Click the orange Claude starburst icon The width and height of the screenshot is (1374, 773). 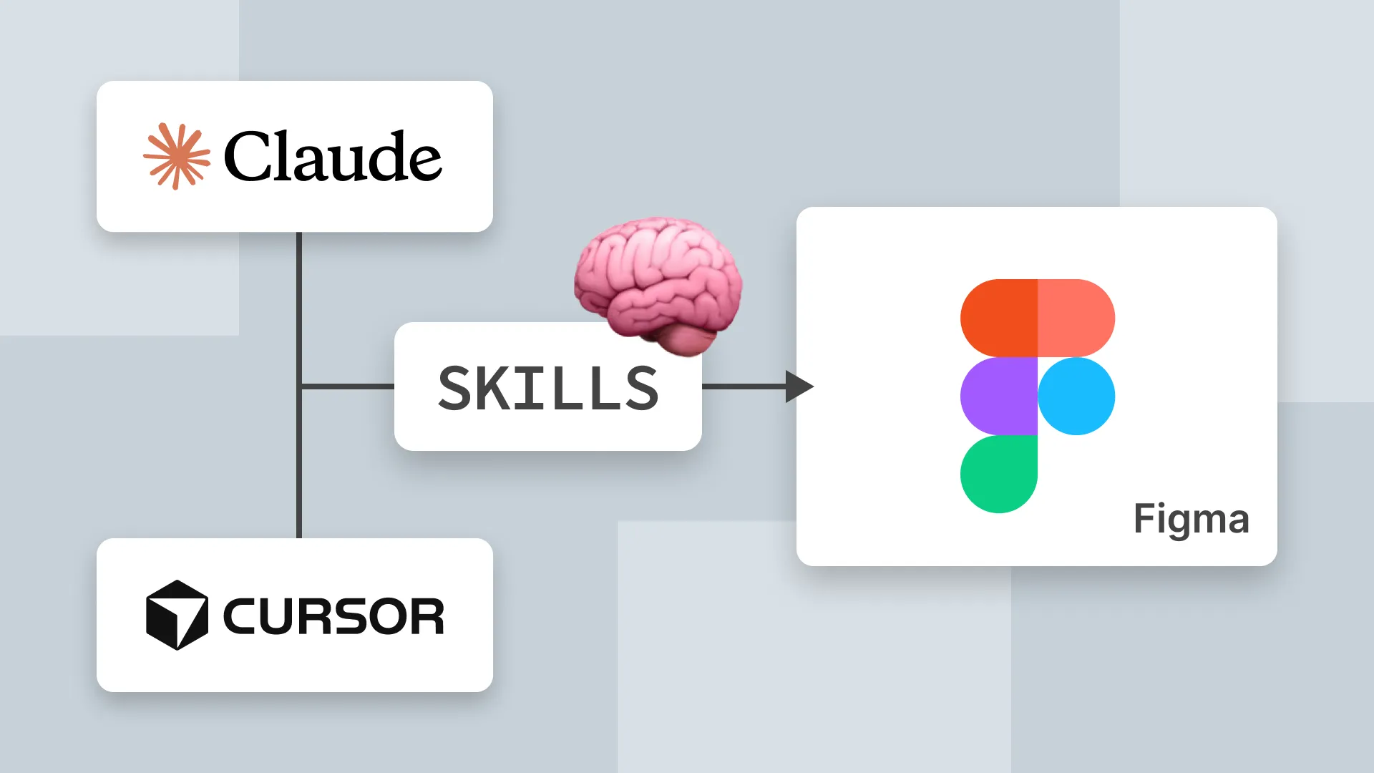pos(177,156)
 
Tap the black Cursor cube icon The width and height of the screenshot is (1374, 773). pos(177,615)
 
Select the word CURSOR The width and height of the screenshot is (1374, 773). pos(333,616)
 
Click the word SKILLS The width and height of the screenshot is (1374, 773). pos(548,388)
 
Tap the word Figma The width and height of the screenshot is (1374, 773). pos(1191,519)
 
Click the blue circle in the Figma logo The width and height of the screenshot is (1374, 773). pos(1076,396)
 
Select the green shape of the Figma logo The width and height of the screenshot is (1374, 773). pos(998,474)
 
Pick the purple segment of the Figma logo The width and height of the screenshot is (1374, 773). pos(998,396)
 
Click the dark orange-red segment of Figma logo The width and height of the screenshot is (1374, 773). pos(998,318)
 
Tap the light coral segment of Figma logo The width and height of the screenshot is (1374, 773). pos(1076,318)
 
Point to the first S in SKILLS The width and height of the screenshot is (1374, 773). pos(459,388)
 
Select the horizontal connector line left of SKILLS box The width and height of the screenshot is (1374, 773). pos(347,386)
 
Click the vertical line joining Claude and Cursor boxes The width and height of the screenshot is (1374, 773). pos(299,458)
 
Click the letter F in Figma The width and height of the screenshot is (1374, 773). pos(1144,517)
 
